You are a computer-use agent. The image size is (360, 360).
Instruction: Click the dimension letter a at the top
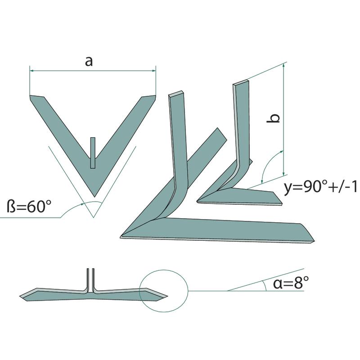coord(89,62)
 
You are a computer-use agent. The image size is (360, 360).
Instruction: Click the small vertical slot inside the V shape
coord(92,152)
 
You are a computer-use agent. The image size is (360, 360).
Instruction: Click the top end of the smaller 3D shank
coord(241,84)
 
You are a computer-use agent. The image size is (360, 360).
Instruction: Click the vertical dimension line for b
coord(284,119)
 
